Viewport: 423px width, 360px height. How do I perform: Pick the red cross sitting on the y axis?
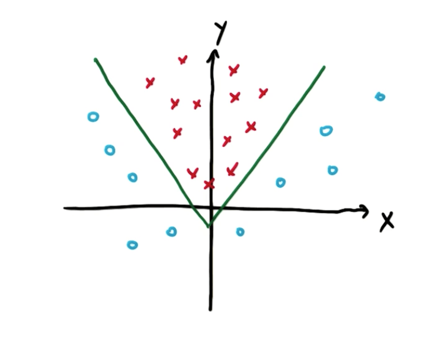[x=209, y=184]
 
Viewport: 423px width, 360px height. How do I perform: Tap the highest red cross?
[x=182, y=60]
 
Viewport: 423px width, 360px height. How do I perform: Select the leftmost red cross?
[x=150, y=82]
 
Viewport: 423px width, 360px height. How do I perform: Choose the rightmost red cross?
[x=263, y=93]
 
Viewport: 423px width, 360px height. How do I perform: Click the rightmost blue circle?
[x=380, y=97]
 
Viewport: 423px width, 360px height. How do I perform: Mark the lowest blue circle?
[x=133, y=245]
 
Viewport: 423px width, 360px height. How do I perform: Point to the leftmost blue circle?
[x=92, y=117]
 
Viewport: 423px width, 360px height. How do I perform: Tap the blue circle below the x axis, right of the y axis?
[x=240, y=232]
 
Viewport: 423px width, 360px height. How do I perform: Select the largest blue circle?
[x=326, y=131]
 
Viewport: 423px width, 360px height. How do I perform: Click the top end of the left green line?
[x=95, y=59]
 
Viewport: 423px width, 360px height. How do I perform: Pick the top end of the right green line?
[x=324, y=67]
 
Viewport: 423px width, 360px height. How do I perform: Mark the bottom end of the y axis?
[x=210, y=308]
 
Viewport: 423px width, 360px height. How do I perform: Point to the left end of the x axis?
[x=65, y=208]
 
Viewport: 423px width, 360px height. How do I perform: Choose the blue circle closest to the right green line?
[x=280, y=182]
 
